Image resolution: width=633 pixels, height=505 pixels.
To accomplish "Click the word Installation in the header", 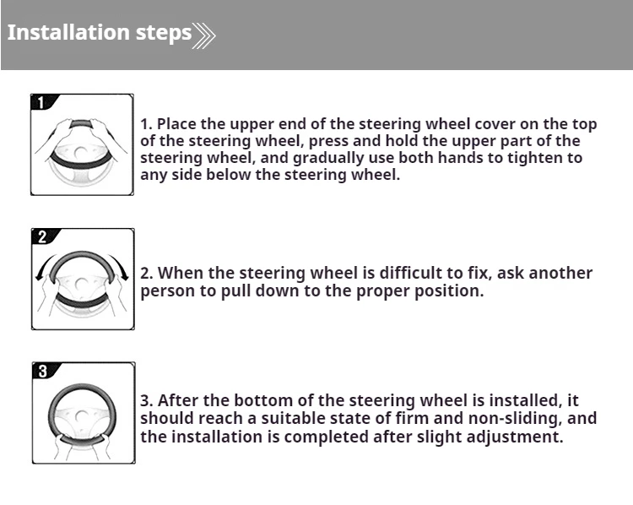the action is (68, 32).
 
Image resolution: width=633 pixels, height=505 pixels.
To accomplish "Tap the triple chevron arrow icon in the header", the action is (204, 35).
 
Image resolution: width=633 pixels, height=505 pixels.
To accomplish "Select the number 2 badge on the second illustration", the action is (43, 236).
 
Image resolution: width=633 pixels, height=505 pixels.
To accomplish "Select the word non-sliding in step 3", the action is (515, 419).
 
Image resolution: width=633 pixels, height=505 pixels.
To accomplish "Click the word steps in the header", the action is (164, 33).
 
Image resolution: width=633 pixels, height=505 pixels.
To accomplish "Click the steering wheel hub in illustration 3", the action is (82, 417).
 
